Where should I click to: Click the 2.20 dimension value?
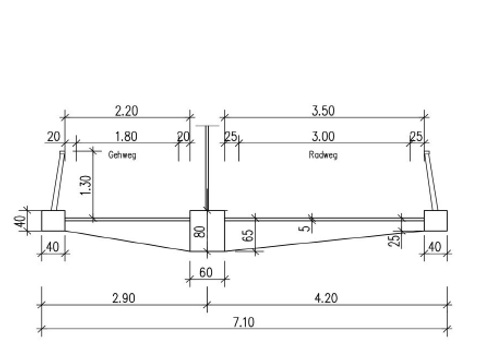coord(126,111)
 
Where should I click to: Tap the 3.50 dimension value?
coord(323,111)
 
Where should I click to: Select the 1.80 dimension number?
coord(126,136)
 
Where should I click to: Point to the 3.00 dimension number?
coord(323,136)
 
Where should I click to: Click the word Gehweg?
coord(122,155)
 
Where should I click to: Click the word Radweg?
coord(323,155)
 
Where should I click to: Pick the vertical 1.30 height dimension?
coord(86,185)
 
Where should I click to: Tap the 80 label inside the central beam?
coord(200,232)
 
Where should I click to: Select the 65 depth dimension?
coord(248,235)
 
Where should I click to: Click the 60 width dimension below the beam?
coord(206,273)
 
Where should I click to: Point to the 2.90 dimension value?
coord(124,298)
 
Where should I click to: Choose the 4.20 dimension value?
coord(326,298)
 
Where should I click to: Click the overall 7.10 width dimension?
coord(243,322)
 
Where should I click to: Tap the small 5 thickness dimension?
coord(305,228)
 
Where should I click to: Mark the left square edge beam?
coord(53,221)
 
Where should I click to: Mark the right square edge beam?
coord(436,221)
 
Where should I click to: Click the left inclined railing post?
coord(57,181)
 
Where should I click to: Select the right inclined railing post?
coord(431,181)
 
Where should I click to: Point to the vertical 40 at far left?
coord(20,221)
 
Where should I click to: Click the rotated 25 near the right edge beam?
coord(394,240)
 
